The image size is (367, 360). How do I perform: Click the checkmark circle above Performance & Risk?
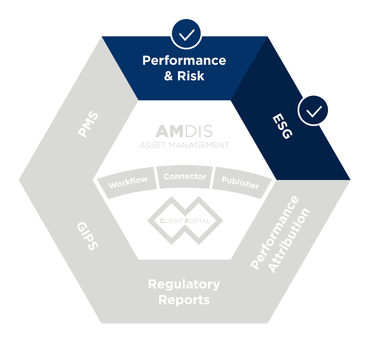186,34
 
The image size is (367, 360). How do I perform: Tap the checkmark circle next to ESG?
314,110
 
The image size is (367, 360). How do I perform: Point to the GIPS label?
87,236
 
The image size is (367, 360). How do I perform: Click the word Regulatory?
184,284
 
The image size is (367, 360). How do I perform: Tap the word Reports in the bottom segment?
184,300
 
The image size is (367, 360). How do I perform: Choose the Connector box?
185,177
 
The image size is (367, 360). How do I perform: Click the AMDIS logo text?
184,132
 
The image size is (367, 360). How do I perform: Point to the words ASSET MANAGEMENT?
184,145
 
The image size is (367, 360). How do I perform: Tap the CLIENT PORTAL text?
185,221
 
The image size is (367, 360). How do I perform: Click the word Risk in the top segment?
191,76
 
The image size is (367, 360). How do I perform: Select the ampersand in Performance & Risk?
168,76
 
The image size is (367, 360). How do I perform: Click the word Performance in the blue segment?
184,61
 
